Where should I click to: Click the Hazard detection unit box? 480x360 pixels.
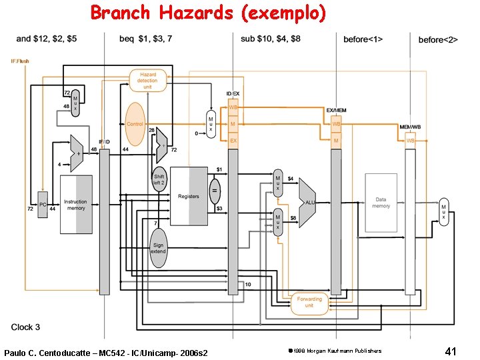tap(147, 81)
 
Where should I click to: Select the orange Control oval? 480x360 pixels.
tap(135, 124)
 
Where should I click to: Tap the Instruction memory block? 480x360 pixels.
tap(75, 204)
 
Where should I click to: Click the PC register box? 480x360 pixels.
tap(42, 205)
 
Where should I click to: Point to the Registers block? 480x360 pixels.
tap(189, 197)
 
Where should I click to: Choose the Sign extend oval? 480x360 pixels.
tap(158, 247)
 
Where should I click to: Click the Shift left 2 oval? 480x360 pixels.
tap(159, 179)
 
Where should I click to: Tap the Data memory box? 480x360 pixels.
tap(381, 202)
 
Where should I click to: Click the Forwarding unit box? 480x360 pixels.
tap(309, 303)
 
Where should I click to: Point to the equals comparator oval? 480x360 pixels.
tap(215, 190)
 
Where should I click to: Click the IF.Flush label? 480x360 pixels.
tap(20, 61)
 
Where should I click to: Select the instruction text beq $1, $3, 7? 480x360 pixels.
tap(145, 39)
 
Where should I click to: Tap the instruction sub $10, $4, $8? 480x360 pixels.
tap(270, 39)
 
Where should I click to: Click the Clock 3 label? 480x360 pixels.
tap(26, 327)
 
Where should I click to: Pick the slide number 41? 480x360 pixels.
tap(449, 351)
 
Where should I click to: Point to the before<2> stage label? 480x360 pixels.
tap(438, 40)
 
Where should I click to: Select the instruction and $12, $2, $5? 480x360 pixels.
tap(47, 39)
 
